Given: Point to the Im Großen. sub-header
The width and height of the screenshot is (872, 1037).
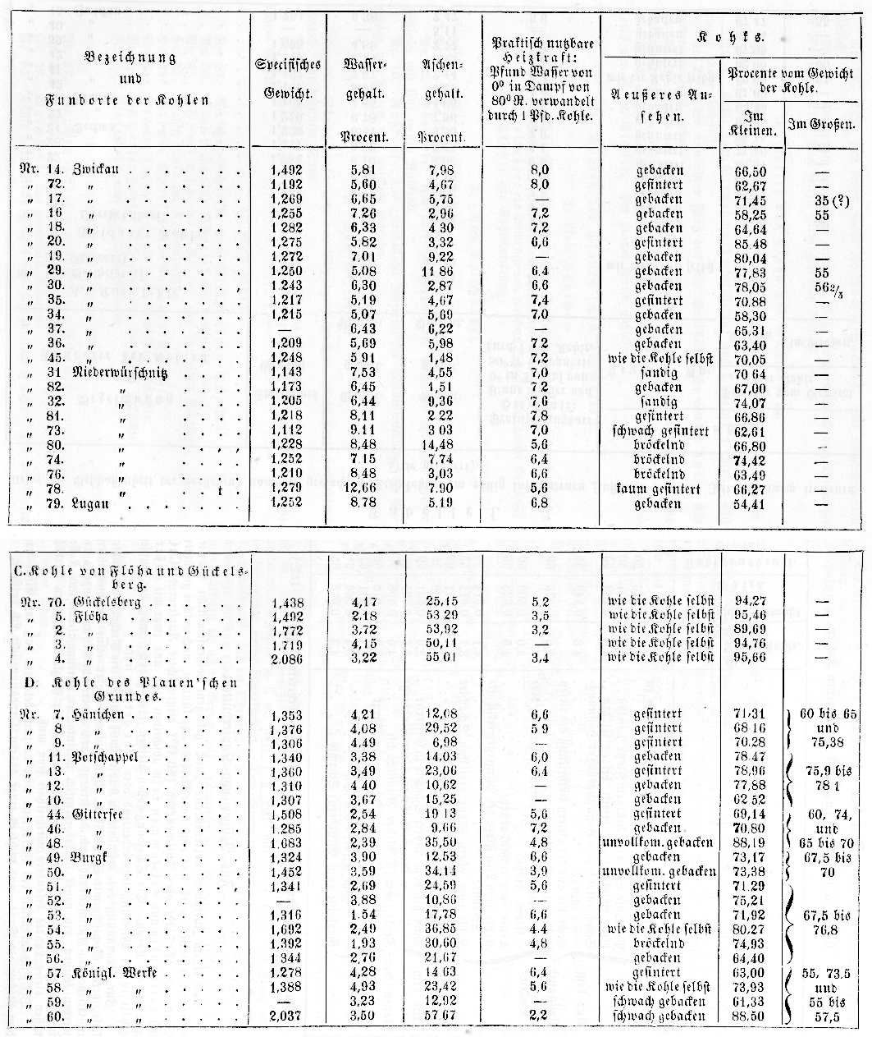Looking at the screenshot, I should [821, 125].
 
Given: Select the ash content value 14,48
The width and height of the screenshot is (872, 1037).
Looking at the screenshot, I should [441, 446].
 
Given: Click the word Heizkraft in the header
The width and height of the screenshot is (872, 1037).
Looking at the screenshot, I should [542, 55].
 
